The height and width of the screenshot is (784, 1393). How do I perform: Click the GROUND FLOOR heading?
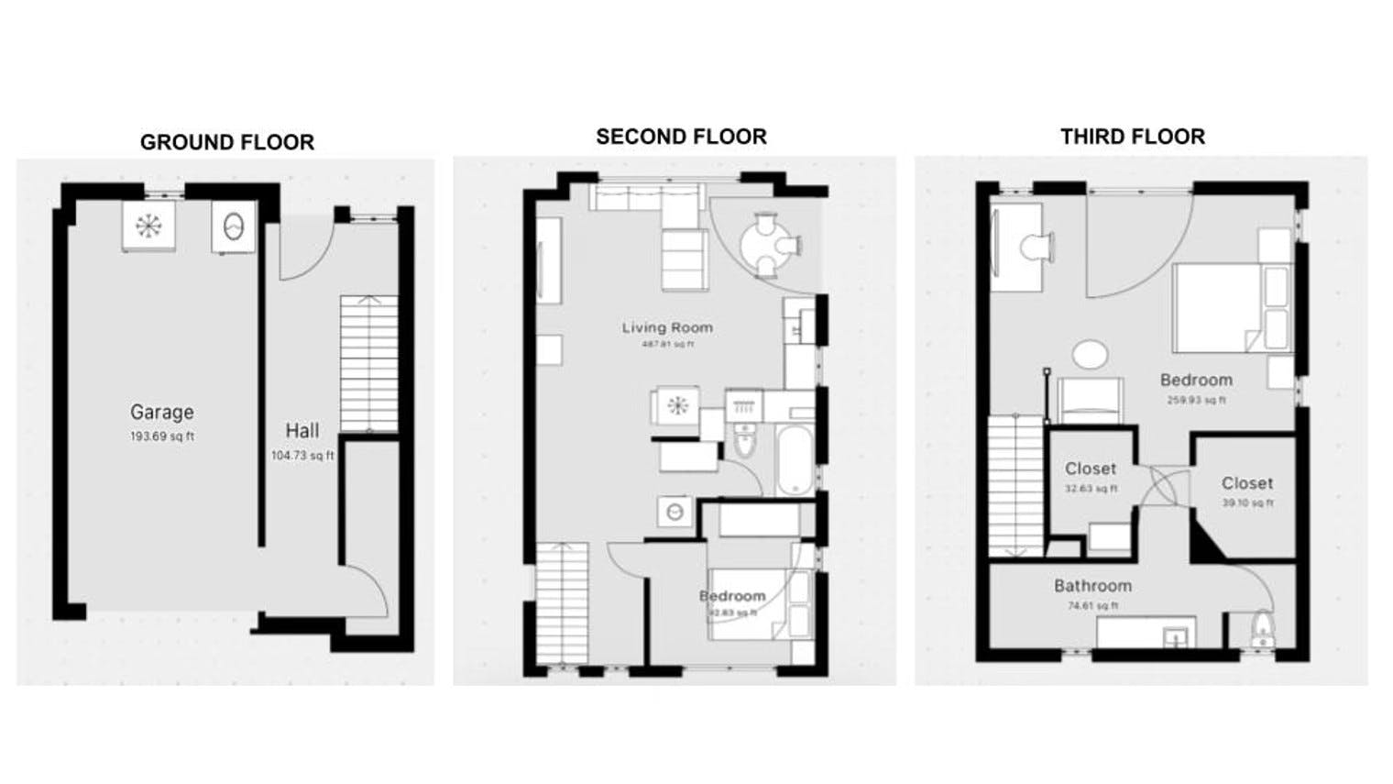tap(226, 142)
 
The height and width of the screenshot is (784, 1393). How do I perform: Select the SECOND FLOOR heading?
tap(681, 137)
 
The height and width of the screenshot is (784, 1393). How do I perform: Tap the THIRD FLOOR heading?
tap(1132, 137)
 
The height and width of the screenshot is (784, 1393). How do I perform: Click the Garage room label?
tap(161, 413)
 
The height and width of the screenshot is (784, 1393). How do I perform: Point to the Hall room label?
tap(302, 431)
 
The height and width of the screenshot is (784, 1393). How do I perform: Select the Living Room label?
tap(666, 327)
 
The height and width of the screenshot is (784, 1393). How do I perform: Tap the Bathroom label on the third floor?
tap(1092, 586)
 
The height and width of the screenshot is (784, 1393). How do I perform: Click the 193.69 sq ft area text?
tap(161, 437)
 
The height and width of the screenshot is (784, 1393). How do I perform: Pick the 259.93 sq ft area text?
tap(1196, 400)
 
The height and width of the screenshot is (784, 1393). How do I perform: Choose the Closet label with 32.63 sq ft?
tap(1090, 469)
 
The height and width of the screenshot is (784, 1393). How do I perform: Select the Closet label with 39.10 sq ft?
tap(1246, 483)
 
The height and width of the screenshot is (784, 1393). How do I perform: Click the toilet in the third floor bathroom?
tap(1263, 630)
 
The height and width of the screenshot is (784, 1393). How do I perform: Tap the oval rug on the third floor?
tap(1090, 354)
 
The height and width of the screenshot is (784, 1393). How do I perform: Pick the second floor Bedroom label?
tap(731, 596)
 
